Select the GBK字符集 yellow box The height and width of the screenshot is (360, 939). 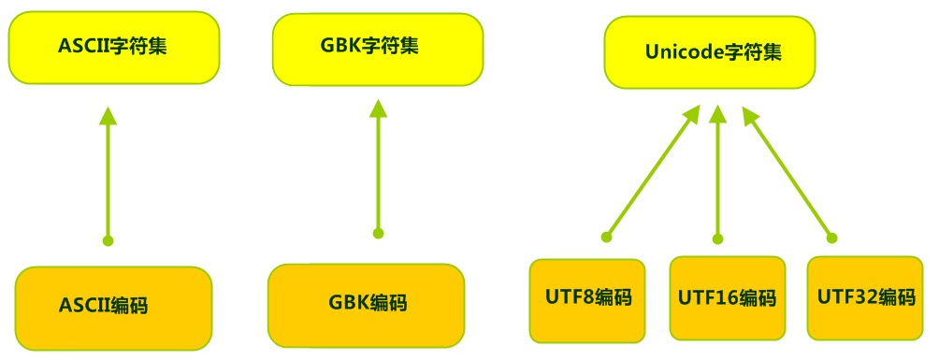pyautogui.click(x=378, y=45)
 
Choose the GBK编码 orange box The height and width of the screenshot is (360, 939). pyautogui.click(x=367, y=303)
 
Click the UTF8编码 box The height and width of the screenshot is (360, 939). pyautogui.click(x=586, y=299)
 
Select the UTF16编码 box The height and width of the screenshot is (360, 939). pyautogui.click(x=727, y=299)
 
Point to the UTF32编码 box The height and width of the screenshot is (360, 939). pyautogui.click(x=864, y=298)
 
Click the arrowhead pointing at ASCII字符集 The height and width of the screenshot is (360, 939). pyautogui.click(x=108, y=116)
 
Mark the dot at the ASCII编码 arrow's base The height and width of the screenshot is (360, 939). pyautogui.click(x=108, y=240)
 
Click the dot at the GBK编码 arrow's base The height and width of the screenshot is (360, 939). pyautogui.click(x=378, y=233)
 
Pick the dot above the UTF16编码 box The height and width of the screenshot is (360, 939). pyautogui.click(x=718, y=238)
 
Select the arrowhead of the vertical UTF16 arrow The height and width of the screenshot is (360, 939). pyautogui.click(x=718, y=115)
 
